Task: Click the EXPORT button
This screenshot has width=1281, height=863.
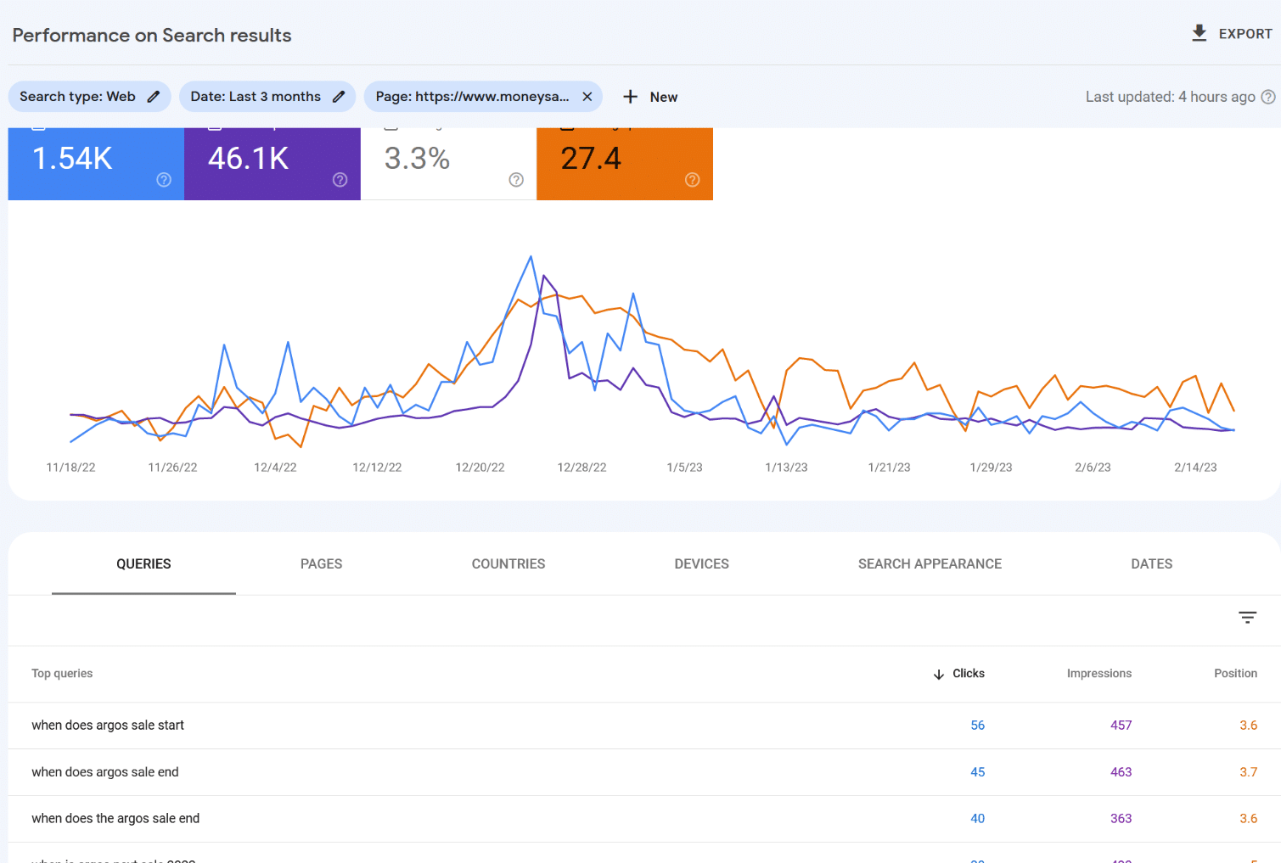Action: click(1232, 34)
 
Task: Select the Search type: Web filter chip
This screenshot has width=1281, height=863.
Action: click(89, 97)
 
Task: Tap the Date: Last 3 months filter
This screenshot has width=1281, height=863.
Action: click(267, 97)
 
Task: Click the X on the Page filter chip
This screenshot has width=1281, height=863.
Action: click(587, 97)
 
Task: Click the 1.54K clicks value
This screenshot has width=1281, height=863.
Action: click(73, 159)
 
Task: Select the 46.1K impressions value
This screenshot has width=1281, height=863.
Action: click(249, 159)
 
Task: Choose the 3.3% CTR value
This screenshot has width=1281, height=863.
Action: click(417, 159)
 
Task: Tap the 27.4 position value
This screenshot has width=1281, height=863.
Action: click(591, 159)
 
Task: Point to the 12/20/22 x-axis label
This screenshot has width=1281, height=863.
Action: click(480, 468)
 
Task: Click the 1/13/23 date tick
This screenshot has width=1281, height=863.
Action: click(786, 468)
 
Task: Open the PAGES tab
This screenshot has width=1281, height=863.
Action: click(321, 564)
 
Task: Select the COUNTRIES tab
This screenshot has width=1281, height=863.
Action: click(508, 564)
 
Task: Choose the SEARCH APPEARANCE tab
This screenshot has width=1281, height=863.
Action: click(930, 564)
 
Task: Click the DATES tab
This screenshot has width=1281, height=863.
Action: click(1151, 564)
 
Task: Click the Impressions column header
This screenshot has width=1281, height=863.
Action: click(1098, 674)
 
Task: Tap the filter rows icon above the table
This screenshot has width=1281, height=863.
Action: click(1247, 618)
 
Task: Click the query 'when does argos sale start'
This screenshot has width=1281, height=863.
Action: click(108, 726)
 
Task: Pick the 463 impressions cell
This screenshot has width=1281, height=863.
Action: click(1121, 772)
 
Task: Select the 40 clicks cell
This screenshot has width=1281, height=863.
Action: click(977, 819)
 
